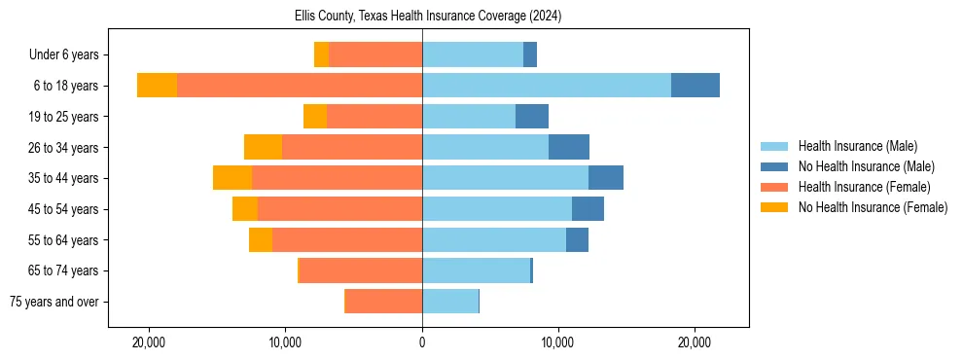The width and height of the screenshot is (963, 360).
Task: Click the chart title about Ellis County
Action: (x=428, y=17)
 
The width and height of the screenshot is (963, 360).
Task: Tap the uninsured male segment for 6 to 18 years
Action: (x=695, y=86)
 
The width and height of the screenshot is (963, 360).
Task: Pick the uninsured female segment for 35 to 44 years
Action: (x=232, y=178)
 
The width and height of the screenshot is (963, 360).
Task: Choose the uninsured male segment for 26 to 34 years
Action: (x=569, y=147)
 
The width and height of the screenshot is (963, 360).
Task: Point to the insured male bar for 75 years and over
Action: (x=450, y=302)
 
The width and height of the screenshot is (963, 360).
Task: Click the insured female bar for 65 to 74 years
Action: (x=361, y=270)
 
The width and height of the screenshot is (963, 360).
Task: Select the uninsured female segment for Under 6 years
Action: (x=321, y=54)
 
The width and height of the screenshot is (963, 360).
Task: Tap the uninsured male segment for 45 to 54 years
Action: (x=588, y=209)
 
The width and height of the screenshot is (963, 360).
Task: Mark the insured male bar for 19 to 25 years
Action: (x=469, y=117)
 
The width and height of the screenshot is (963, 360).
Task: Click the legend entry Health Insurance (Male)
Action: (x=857, y=147)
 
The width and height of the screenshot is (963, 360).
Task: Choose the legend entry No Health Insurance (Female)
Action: (x=873, y=207)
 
